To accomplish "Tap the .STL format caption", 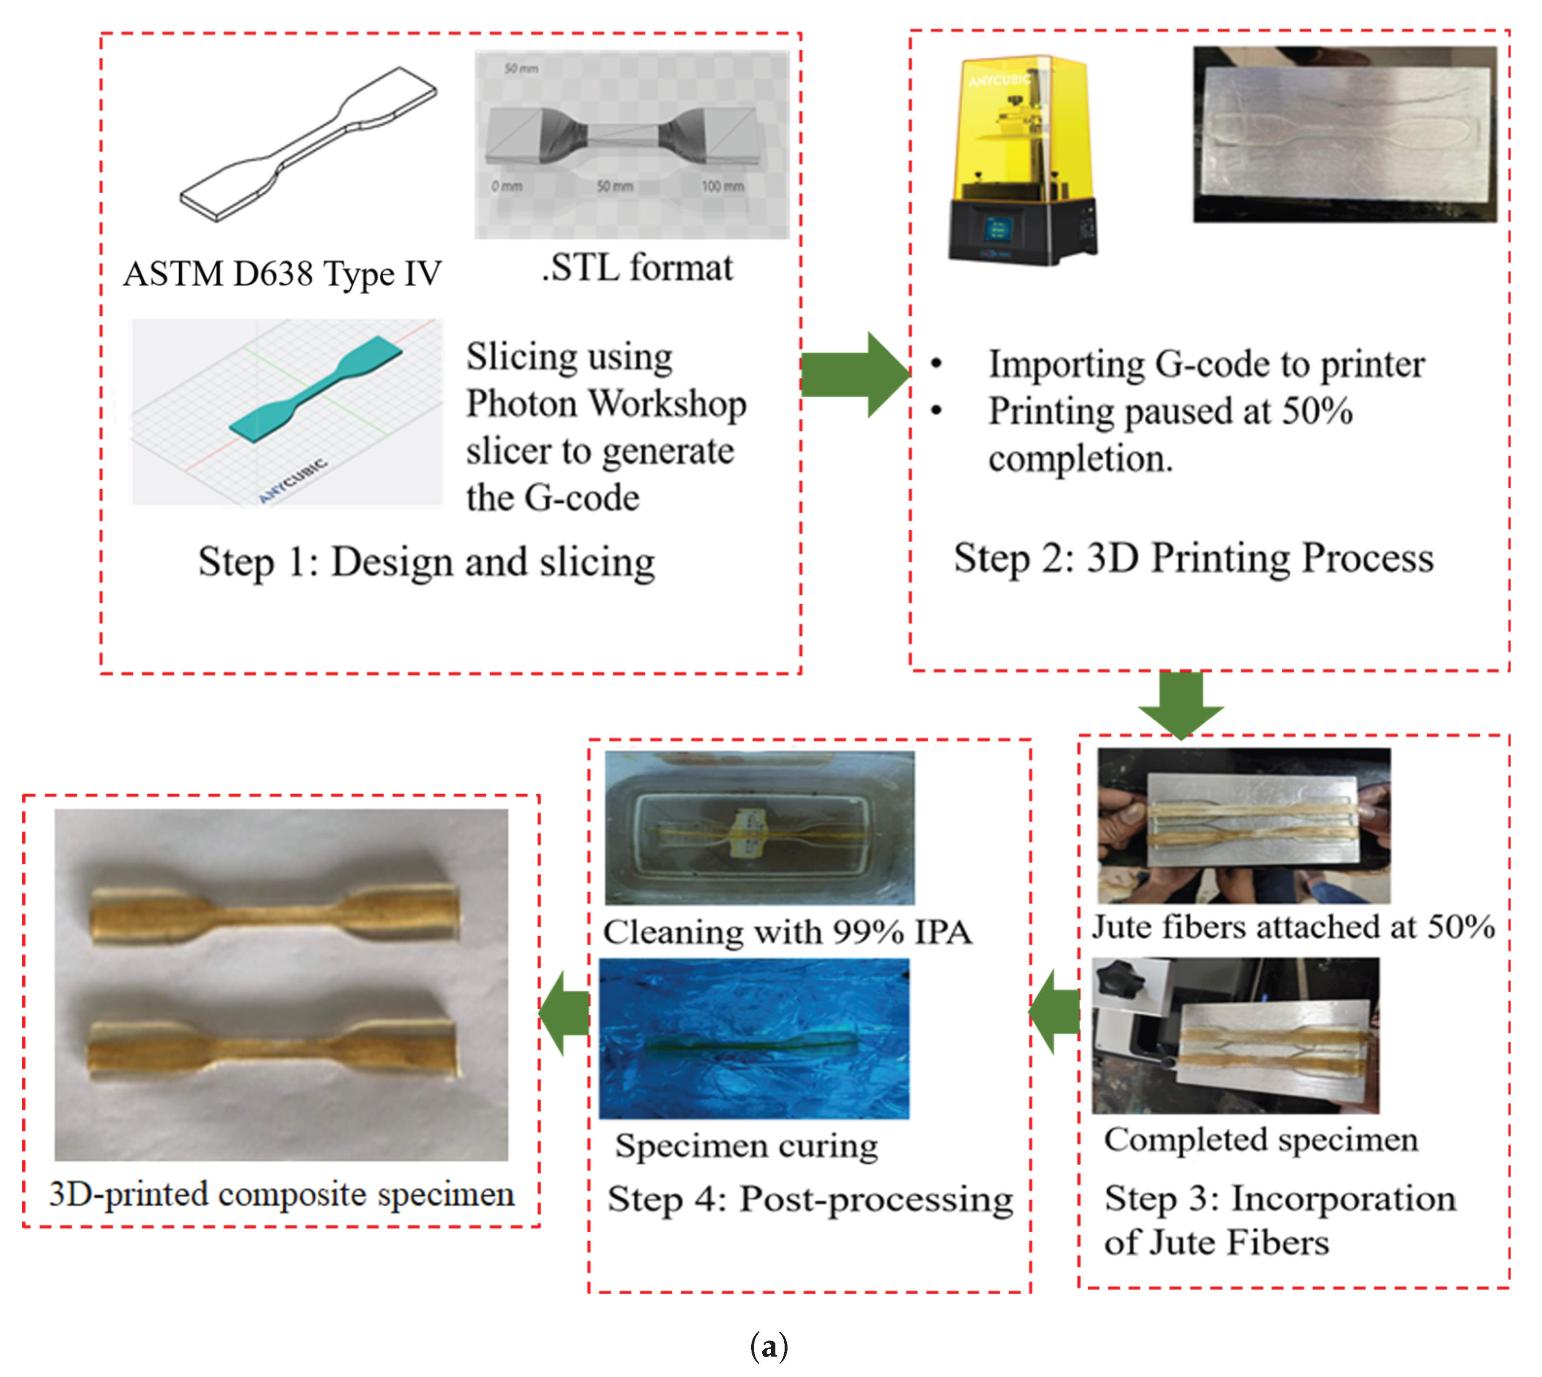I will click(636, 268).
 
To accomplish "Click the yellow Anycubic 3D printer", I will click(1022, 159).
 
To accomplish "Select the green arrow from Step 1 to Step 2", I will click(854, 374).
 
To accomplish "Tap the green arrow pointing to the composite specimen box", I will click(565, 1014).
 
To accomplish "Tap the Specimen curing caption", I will click(746, 1145).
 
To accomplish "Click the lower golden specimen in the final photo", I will click(273, 1048).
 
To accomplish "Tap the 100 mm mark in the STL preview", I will click(722, 186).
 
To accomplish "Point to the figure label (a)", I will click(769, 1347).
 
